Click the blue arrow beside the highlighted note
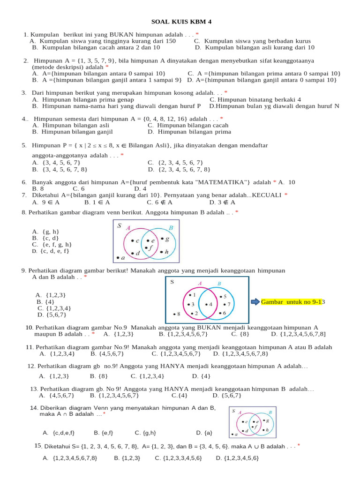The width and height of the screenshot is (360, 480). (x=255, y=302)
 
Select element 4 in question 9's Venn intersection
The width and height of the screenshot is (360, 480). (x=210, y=304)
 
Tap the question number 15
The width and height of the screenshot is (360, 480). (x=38, y=445)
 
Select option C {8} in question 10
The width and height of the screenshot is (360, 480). (x=237, y=334)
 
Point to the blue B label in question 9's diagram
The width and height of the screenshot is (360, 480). (x=219, y=284)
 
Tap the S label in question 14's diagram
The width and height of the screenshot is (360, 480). (x=233, y=411)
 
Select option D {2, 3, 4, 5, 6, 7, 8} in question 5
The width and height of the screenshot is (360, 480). (x=179, y=169)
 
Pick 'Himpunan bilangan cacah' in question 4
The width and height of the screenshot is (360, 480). (x=188, y=125)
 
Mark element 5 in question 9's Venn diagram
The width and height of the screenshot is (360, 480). (x=224, y=297)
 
